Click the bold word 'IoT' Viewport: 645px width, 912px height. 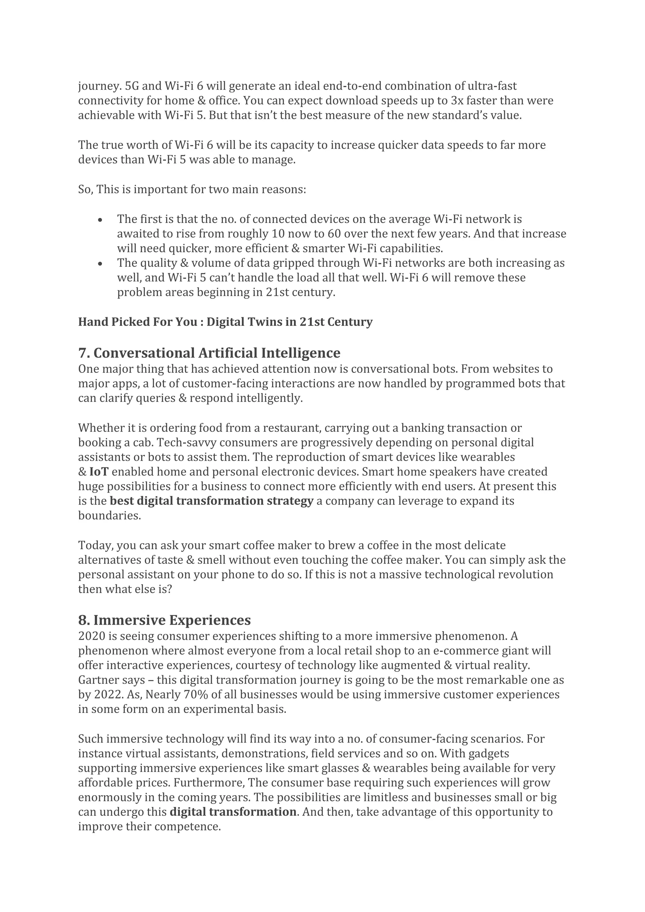[x=99, y=472]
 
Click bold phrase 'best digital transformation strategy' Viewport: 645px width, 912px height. [x=211, y=501]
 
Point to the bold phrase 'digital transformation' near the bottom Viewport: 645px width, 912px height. [x=233, y=812]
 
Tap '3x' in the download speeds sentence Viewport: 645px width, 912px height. [x=457, y=100]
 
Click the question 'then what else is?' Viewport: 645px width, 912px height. [x=125, y=589]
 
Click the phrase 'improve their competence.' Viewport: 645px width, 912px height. [x=149, y=826]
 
